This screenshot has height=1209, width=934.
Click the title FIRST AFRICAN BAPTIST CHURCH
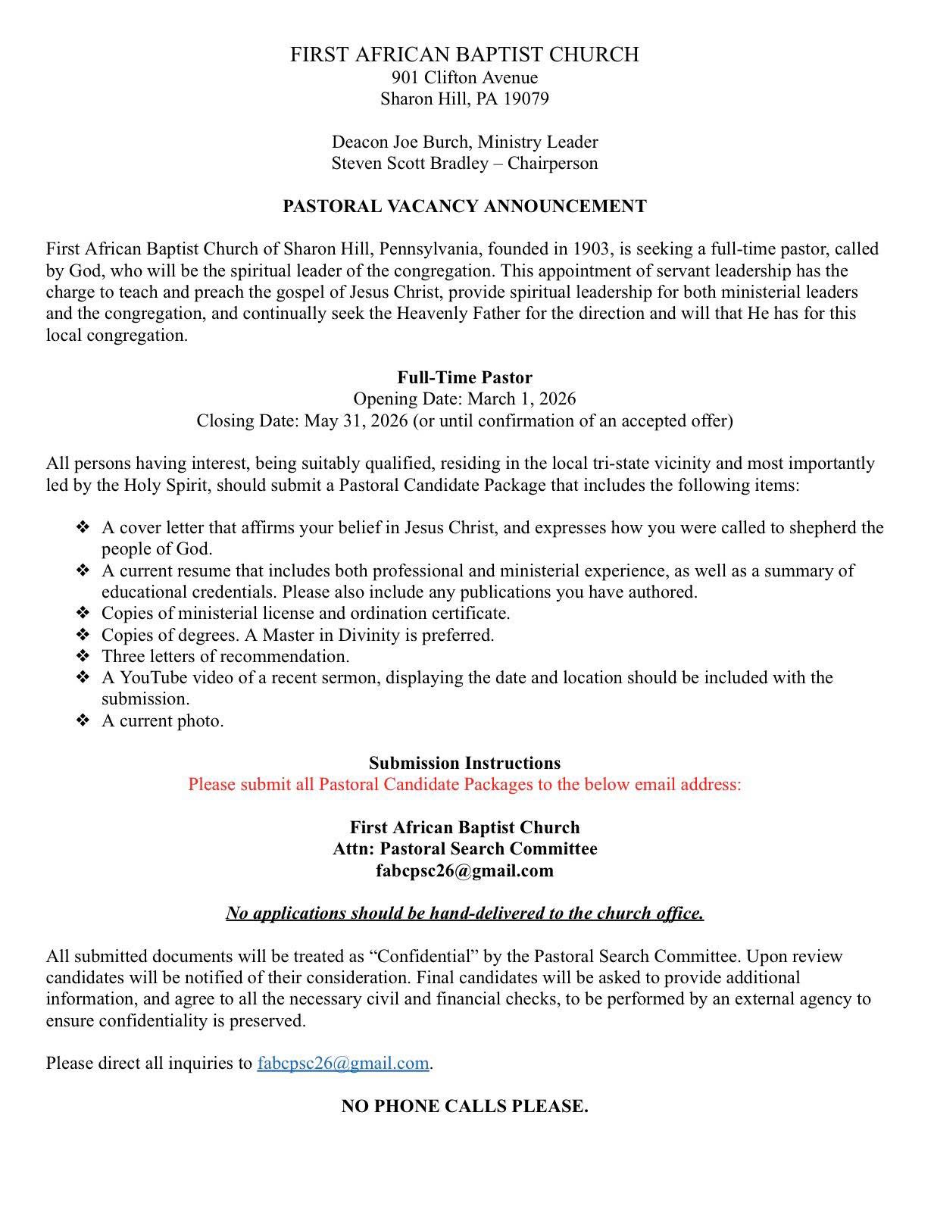coord(464,55)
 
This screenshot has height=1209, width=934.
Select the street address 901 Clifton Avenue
coord(464,77)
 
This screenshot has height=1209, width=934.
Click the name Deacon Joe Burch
coord(399,142)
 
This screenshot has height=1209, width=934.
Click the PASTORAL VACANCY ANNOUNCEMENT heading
coord(464,206)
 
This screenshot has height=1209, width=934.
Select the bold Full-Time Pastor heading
coord(464,377)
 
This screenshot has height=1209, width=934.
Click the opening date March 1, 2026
coord(521,398)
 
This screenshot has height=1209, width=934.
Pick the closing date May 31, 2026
coord(356,420)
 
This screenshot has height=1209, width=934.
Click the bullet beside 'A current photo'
coord(83,720)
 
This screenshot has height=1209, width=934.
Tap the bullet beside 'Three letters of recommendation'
coord(83,656)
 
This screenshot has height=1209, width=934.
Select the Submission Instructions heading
coord(464,763)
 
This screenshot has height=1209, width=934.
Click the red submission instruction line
coord(464,784)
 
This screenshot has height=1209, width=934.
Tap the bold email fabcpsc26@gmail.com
coord(464,870)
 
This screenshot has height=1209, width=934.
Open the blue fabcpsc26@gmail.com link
coord(343,1063)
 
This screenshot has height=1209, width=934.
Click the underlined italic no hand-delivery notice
coord(464,913)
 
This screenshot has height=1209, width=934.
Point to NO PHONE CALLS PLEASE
coord(464,1106)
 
